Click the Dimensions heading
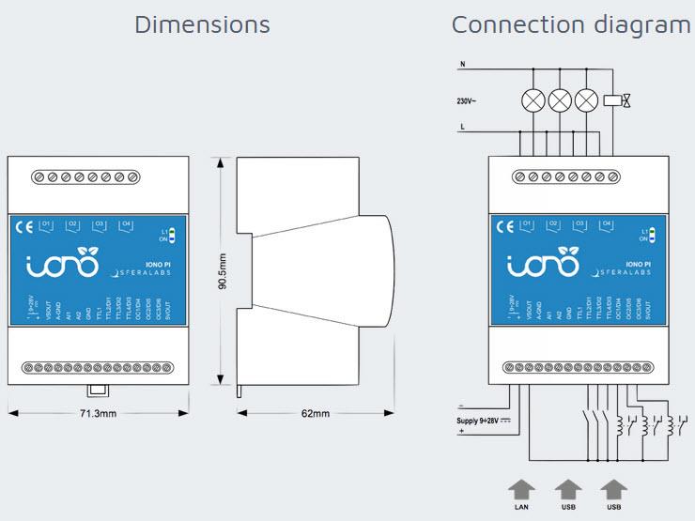(x=202, y=23)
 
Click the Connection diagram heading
(x=571, y=23)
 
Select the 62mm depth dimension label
(x=316, y=413)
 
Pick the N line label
(x=461, y=65)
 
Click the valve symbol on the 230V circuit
(x=617, y=100)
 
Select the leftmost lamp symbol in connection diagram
(x=534, y=100)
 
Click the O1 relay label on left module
(x=48, y=224)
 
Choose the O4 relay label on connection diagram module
(x=606, y=224)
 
